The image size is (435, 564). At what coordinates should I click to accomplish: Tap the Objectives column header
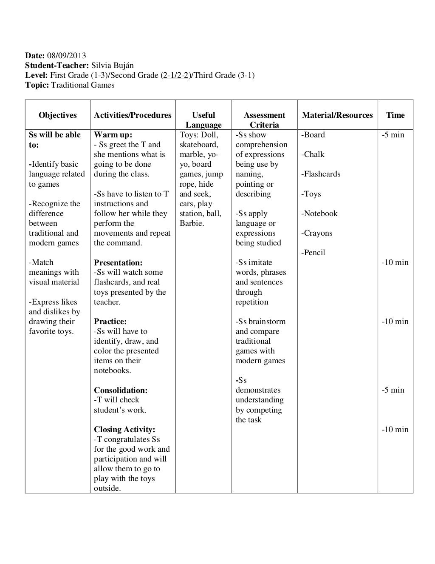point(58,115)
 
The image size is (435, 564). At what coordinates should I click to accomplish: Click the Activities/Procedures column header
point(133,115)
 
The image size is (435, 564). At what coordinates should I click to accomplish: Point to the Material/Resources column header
point(337,115)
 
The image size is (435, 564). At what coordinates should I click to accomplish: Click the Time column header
point(395,115)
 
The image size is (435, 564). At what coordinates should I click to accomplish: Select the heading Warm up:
point(113,135)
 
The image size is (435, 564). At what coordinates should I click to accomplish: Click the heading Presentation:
point(118,263)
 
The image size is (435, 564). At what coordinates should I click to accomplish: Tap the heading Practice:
point(110,322)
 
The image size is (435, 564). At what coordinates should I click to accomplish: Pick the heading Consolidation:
point(121,390)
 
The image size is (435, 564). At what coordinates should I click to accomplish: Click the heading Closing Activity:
point(124,430)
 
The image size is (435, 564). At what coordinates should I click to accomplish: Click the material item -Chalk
point(313,154)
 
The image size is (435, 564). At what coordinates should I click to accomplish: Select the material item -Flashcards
point(321,174)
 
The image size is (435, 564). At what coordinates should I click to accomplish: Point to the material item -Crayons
point(317,233)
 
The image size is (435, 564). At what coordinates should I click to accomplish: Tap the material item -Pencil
point(313,253)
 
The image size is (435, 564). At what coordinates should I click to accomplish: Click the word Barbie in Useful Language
point(191,223)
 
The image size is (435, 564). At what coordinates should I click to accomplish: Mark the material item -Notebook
point(319,214)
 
